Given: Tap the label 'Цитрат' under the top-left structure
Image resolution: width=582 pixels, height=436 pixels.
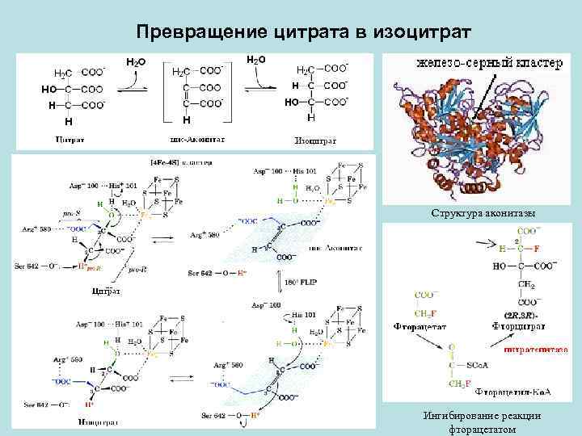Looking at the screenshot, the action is click(70, 140).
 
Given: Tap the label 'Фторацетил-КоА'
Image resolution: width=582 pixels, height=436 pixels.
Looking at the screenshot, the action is click(512, 392).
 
